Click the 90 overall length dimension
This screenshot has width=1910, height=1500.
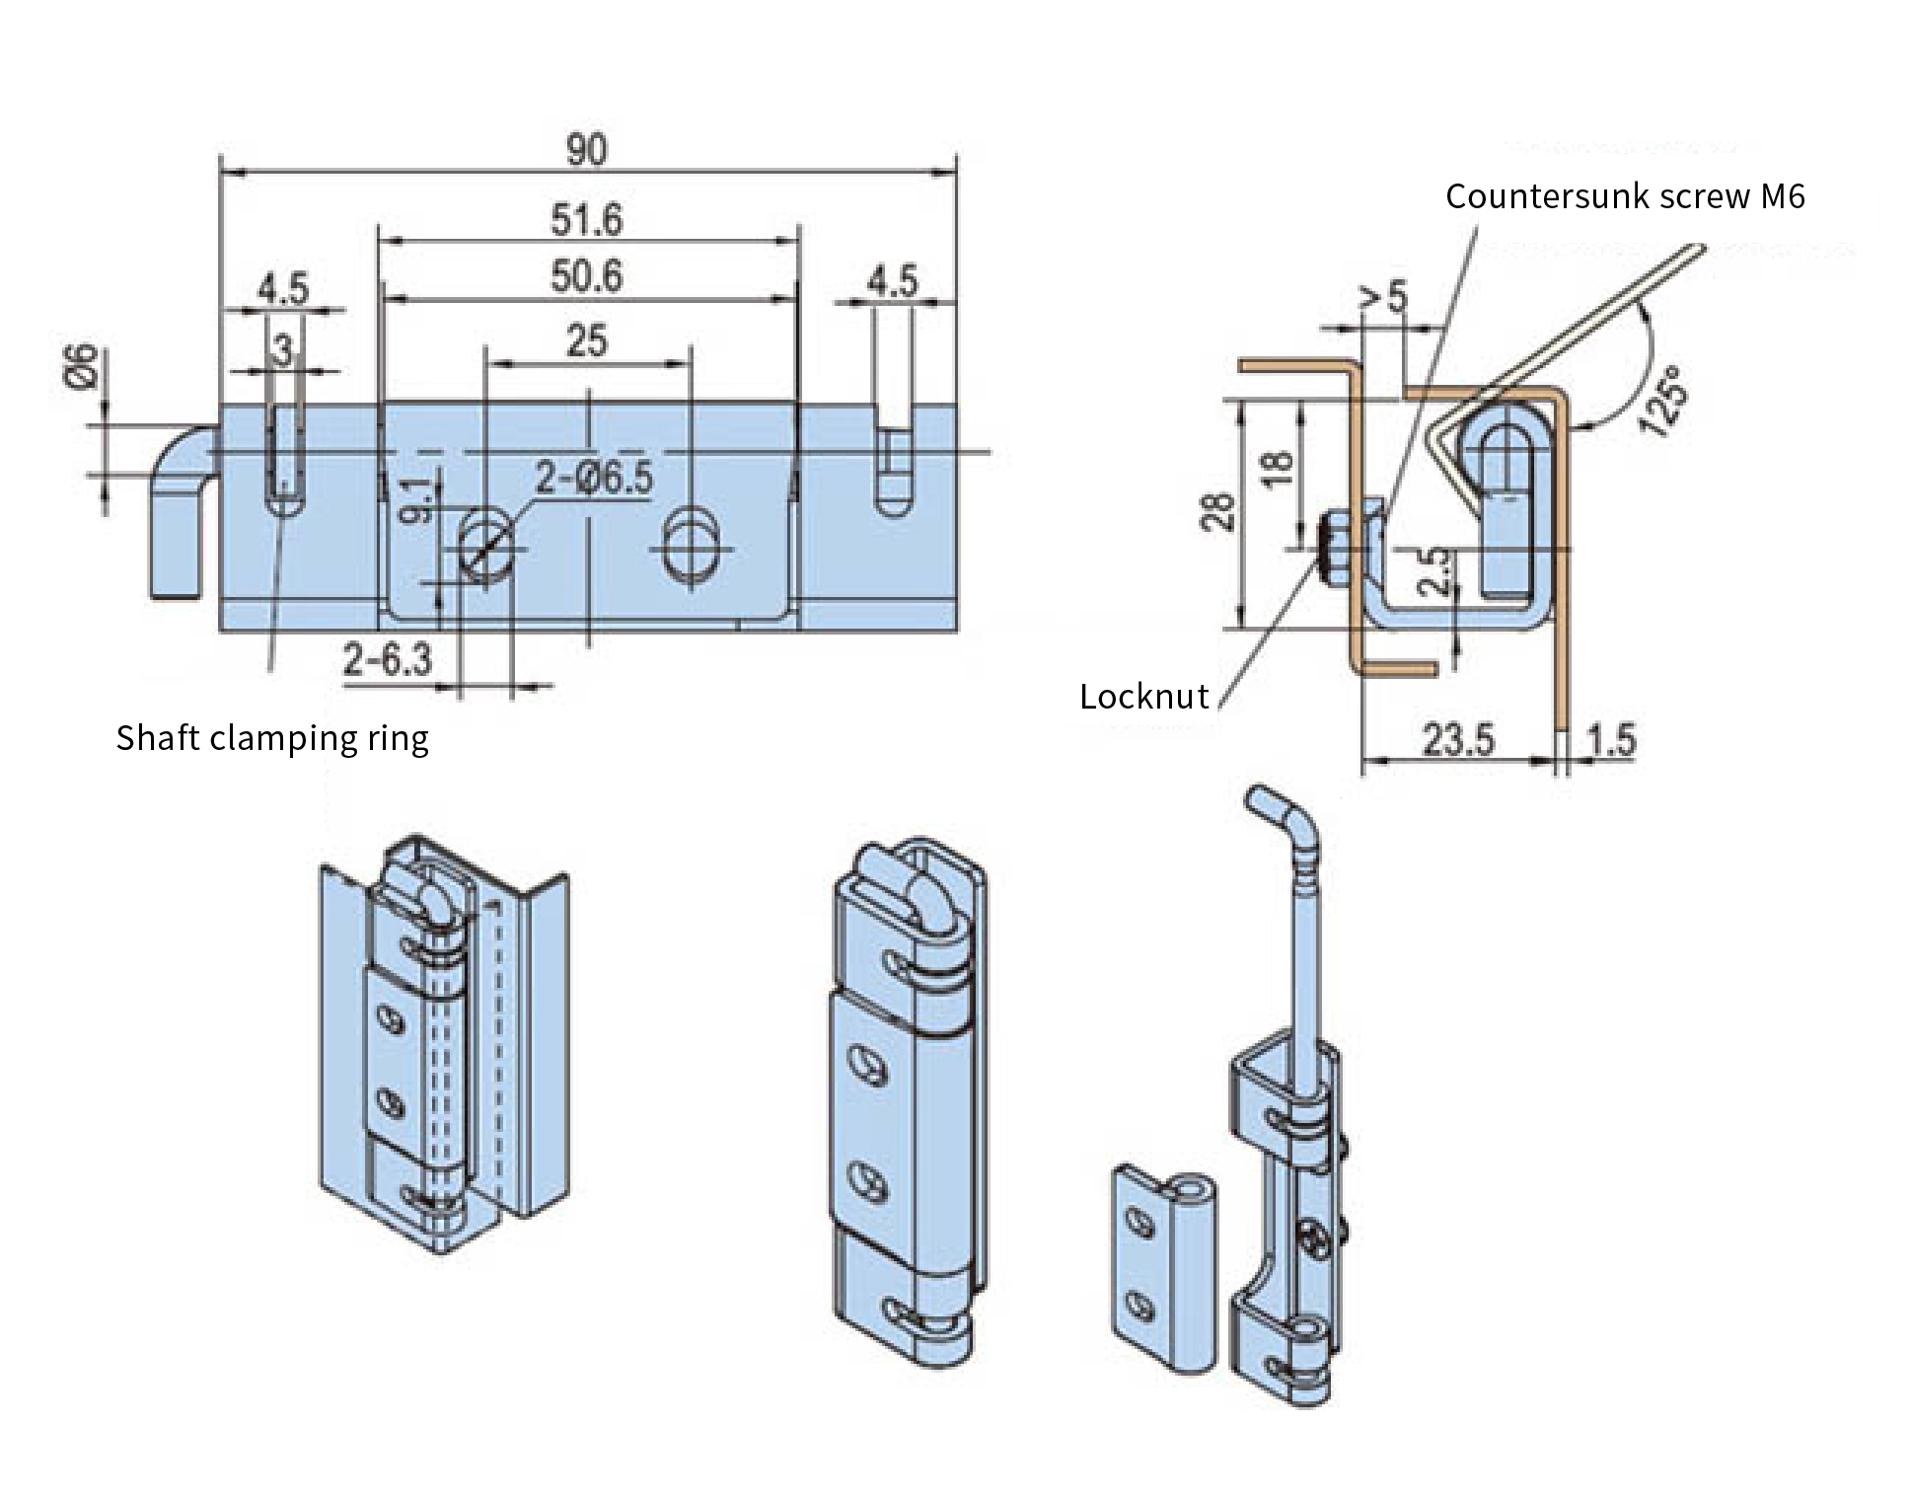click(x=587, y=150)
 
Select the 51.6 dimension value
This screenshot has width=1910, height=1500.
click(x=587, y=219)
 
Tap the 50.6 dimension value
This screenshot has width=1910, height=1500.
click(x=587, y=275)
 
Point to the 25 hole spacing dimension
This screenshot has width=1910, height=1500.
click(x=587, y=340)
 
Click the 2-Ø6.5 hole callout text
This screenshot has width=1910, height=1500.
click(x=595, y=478)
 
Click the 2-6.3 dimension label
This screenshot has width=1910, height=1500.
click(x=388, y=659)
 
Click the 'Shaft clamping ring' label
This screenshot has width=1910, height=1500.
click(x=272, y=738)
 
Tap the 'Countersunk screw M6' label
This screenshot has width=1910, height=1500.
click(x=1625, y=196)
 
